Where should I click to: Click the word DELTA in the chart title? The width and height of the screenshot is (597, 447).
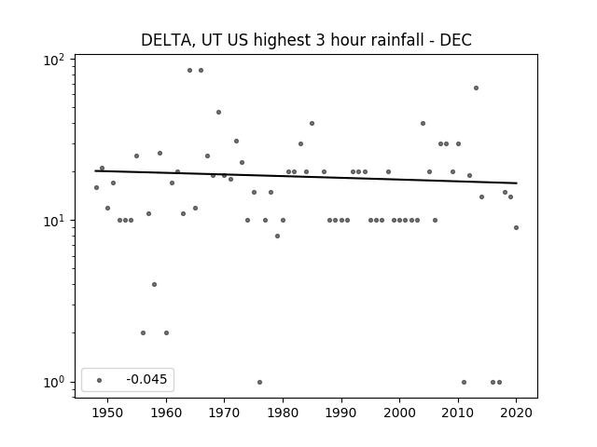pyautogui.click(x=166, y=40)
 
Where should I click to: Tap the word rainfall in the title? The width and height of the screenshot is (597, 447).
pyautogui.click(x=396, y=39)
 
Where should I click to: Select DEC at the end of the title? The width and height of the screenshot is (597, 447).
pyautogui.click(x=456, y=40)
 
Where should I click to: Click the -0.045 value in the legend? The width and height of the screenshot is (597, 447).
pyautogui.click(x=146, y=379)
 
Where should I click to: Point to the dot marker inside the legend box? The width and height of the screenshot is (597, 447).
pyautogui.click(x=100, y=380)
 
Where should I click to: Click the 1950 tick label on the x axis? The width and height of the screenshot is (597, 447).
pyautogui.click(x=108, y=413)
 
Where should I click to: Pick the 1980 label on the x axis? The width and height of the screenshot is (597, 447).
pyautogui.click(x=283, y=413)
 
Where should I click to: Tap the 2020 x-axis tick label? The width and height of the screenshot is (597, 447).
pyautogui.click(x=516, y=413)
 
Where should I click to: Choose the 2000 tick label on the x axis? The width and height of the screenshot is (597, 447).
pyautogui.click(x=399, y=413)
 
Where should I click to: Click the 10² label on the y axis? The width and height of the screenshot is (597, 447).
pyautogui.click(x=54, y=60)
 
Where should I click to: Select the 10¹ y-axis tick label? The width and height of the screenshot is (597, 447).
pyautogui.click(x=54, y=221)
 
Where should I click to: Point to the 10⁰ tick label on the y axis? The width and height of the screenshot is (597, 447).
pyautogui.click(x=54, y=382)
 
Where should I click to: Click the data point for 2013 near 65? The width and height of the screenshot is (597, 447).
pyautogui.click(x=476, y=88)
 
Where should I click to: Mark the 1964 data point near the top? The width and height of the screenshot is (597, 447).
pyautogui.click(x=189, y=71)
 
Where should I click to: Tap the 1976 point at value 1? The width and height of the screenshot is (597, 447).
pyautogui.click(x=259, y=382)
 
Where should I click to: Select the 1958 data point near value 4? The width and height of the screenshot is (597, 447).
pyautogui.click(x=154, y=284)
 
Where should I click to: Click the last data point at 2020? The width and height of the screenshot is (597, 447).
pyautogui.click(x=516, y=227)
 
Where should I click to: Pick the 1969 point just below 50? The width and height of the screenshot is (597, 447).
pyautogui.click(x=218, y=112)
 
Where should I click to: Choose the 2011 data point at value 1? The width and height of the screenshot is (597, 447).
pyautogui.click(x=464, y=382)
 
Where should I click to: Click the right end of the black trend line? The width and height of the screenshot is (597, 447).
pyautogui.click(x=517, y=183)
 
